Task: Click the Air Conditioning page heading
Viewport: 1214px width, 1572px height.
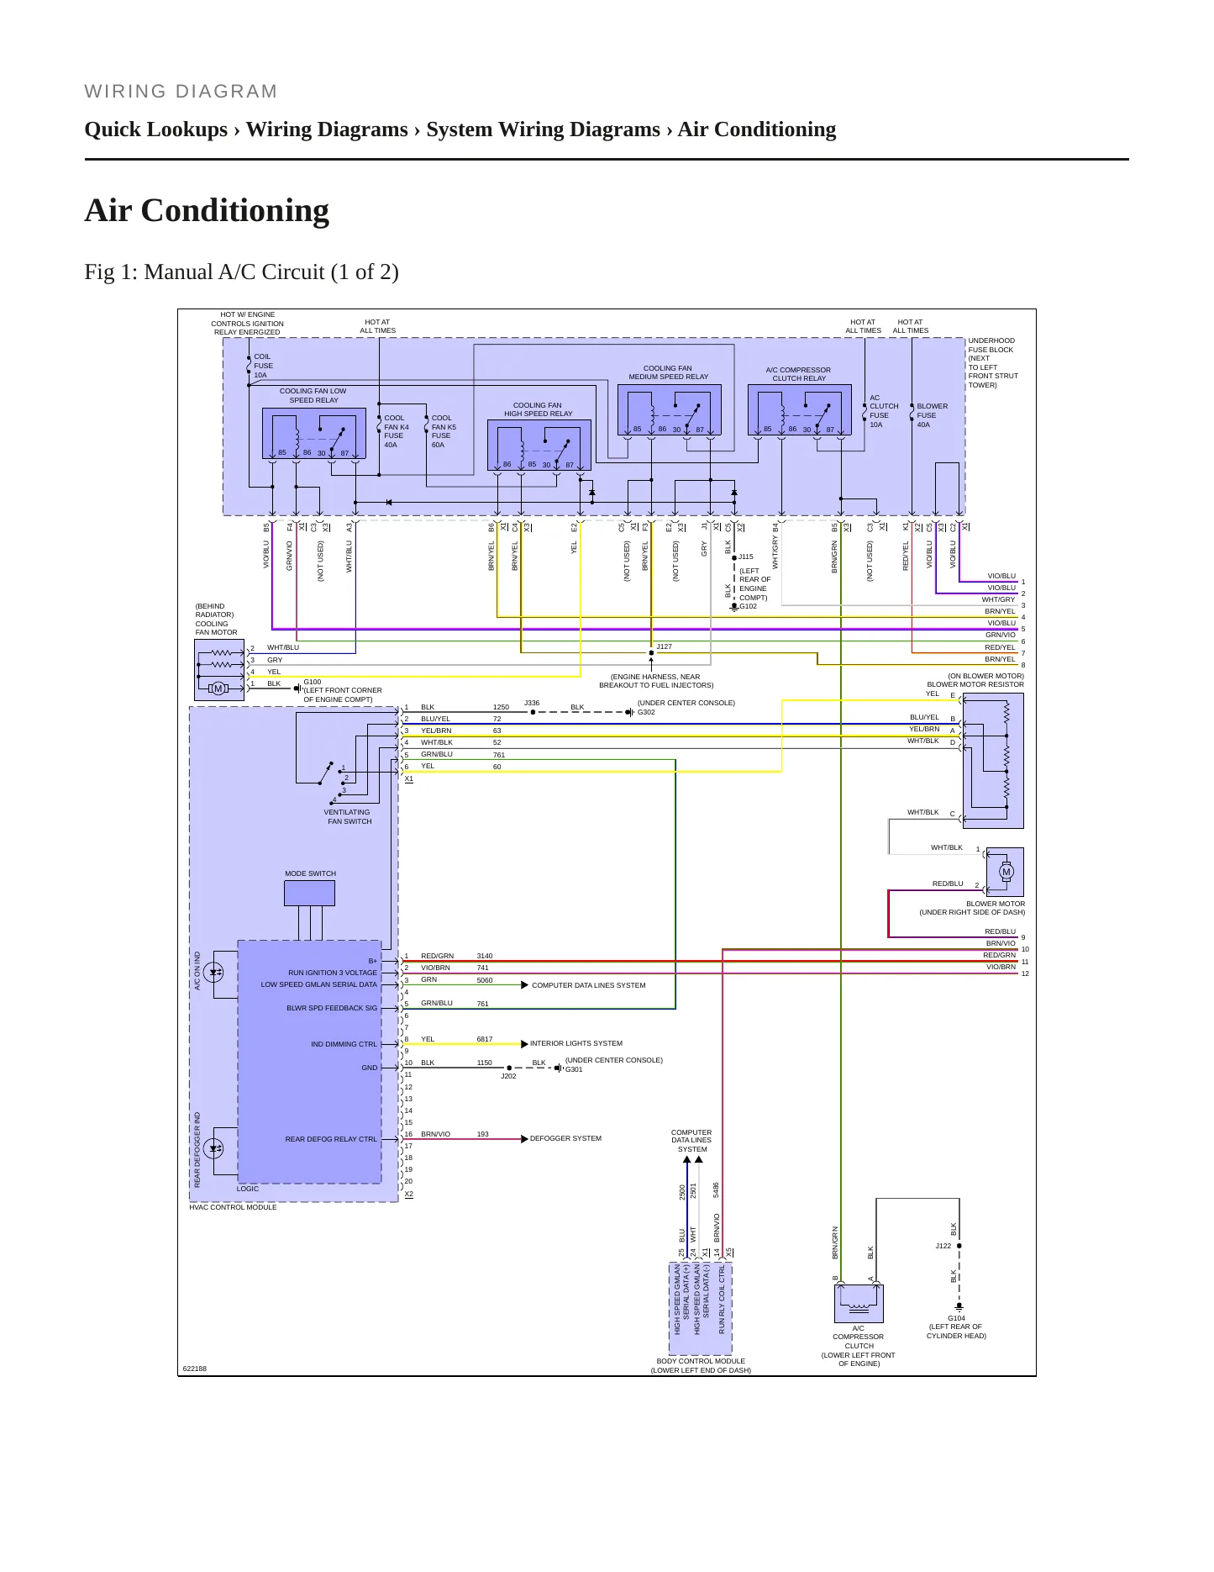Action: pos(207,210)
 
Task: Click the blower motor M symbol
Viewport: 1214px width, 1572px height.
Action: pos(1006,872)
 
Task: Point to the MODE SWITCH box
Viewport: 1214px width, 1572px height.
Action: pos(309,893)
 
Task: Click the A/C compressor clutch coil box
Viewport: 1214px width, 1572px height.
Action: pos(859,1303)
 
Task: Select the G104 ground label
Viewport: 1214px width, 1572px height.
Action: pos(956,1318)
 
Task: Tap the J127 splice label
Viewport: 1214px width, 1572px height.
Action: pos(664,646)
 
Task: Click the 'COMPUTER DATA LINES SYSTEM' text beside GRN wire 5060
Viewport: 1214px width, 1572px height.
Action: pos(588,985)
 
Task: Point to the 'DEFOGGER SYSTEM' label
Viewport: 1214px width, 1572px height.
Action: pos(565,1138)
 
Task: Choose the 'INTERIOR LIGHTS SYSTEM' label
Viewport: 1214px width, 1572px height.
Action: pos(576,1043)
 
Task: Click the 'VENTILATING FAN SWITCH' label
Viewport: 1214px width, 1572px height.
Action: pos(348,817)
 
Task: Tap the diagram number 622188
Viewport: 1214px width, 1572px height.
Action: pos(195,1369)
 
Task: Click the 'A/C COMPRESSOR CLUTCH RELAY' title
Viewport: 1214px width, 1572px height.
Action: pos(798,374)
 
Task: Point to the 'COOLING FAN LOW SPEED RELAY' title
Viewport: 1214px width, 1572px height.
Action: pos(313,395)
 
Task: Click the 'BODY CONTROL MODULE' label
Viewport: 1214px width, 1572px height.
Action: pos(701,1361)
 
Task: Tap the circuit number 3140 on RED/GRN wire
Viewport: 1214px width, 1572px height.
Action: pos(485,956)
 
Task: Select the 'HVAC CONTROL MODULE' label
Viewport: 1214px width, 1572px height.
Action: pos(233,1207)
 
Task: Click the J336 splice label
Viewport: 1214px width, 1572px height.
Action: pos(532,703)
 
